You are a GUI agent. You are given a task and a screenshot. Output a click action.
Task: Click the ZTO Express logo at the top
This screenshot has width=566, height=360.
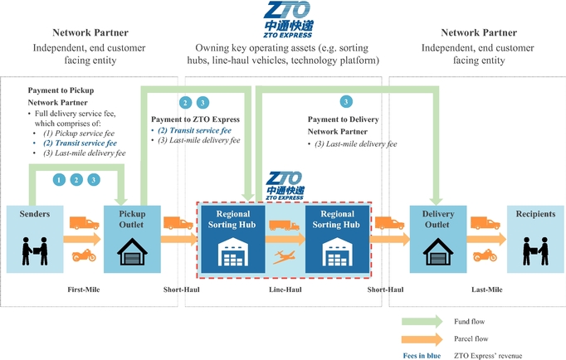(x=286, y=19)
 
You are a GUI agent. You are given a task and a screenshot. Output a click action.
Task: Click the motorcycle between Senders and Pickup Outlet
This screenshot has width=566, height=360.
(x=84, y=255)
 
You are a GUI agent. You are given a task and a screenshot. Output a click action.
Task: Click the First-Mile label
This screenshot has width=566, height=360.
(x=84, y=289)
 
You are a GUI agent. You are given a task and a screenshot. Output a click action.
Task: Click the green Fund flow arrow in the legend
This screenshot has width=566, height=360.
(x=424, y=321)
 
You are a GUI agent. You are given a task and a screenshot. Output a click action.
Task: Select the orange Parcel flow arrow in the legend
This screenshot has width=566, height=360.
(x=424, y=338)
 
